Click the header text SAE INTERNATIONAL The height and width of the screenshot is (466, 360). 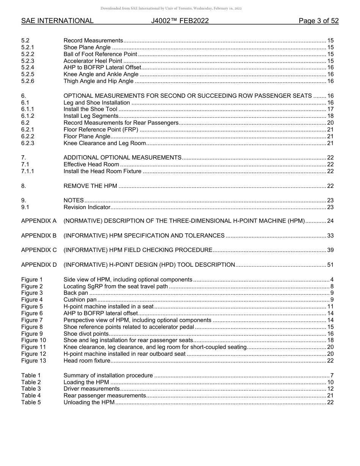(x=57, y=21)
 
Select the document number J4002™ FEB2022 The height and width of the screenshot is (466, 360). (x=180, y=21)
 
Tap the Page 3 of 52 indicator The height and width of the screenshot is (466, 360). (x=318, y=21)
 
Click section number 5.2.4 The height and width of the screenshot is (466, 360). (x=28, y=67)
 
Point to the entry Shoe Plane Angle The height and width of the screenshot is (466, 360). (x=87, y=47)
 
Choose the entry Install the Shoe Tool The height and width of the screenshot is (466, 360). (x=90, y=109)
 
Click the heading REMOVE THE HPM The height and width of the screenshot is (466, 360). (x=90, y=186)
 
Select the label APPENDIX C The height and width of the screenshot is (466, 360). (x=39, y=250)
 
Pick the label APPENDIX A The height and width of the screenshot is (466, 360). (x=39, y=221)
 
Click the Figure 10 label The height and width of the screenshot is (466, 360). (x=33, y=340)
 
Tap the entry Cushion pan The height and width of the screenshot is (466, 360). (x=80, y=300)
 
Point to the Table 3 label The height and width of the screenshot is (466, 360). (x=31, y=389)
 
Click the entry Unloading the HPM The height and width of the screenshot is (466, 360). (x=89, y=402)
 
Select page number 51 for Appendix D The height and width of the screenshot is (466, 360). (x=330, y=265)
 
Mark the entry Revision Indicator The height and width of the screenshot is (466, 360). (x=87, y=207)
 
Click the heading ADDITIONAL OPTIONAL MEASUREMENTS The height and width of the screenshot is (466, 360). (x=122, y=158)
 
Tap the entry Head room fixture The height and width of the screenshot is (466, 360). (x=87, y=361)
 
